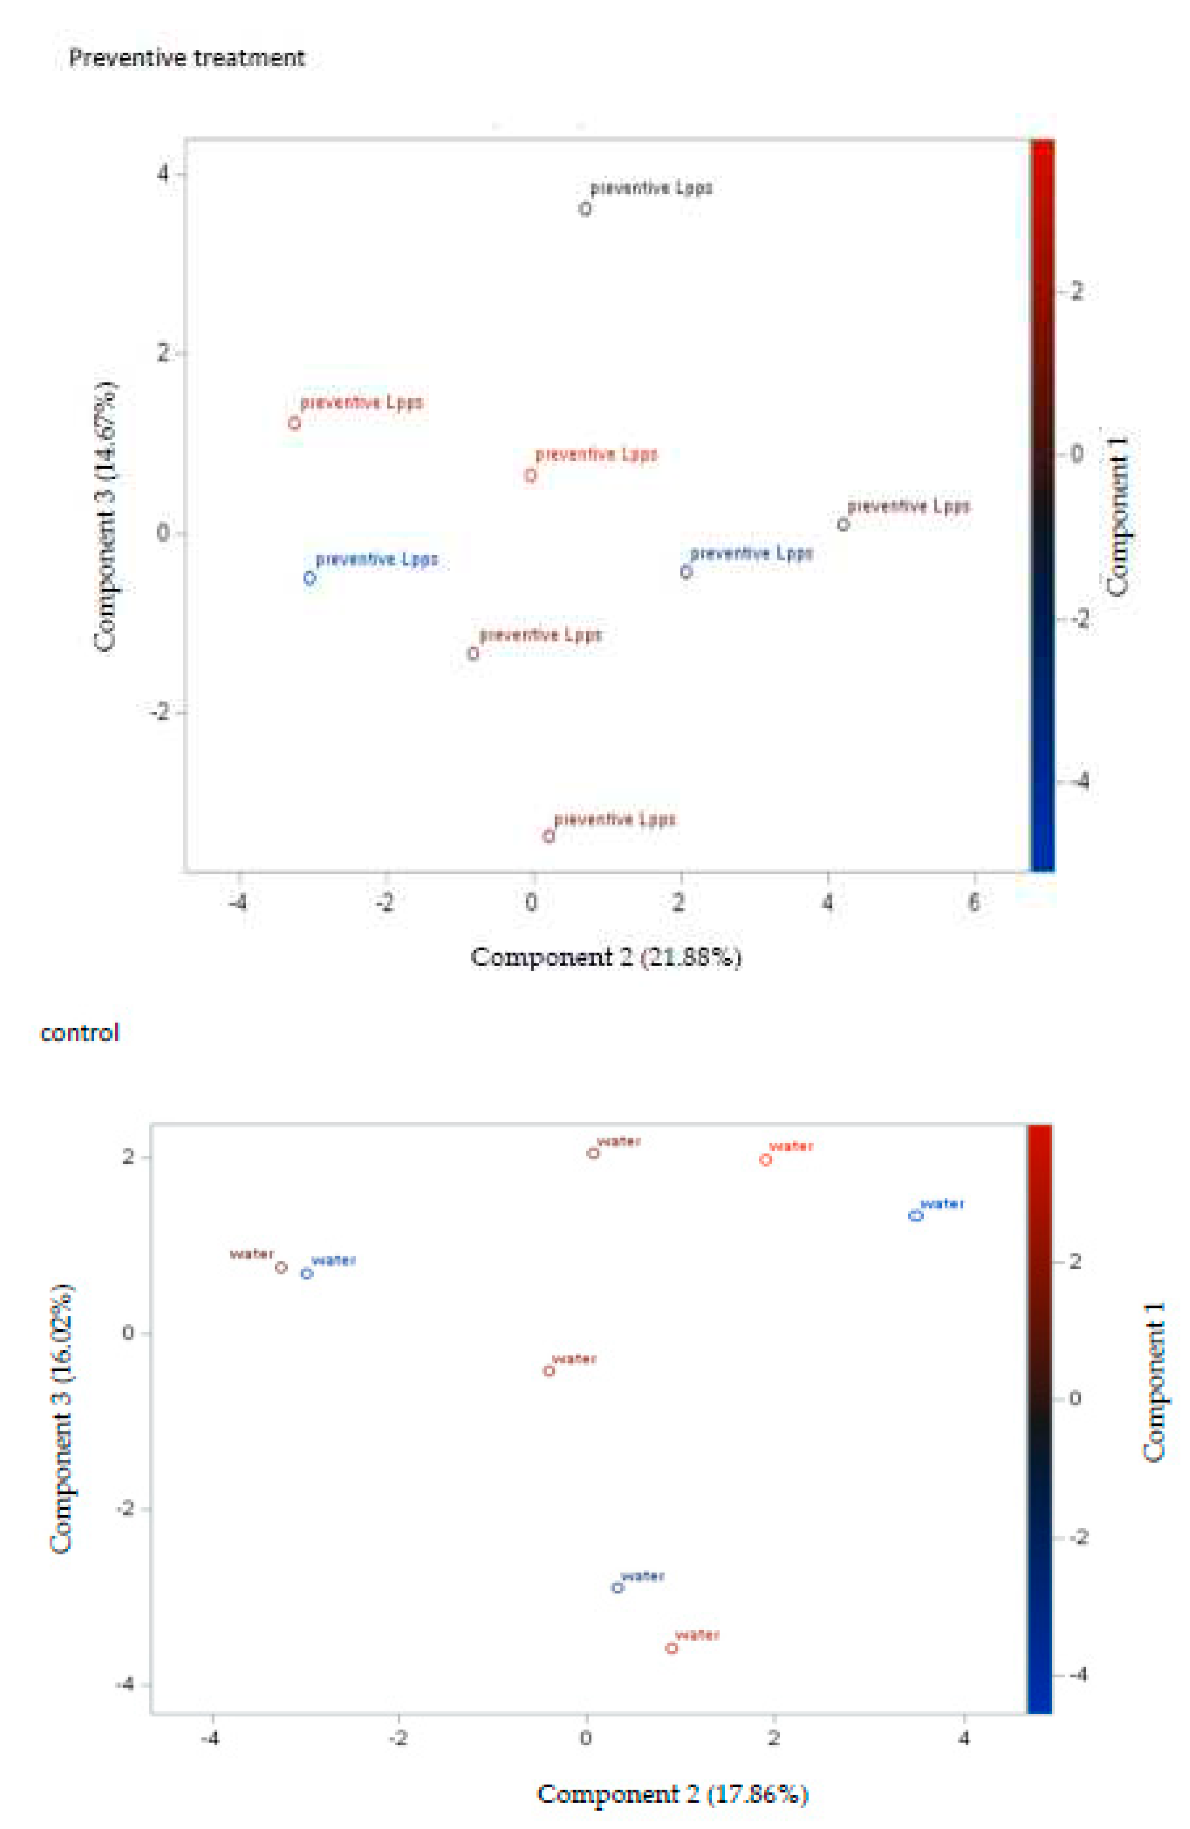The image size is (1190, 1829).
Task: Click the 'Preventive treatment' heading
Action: pos(187,58)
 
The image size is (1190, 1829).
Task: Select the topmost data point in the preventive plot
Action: pos(585,209)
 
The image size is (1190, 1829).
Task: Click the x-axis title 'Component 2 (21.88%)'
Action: pos(606,957)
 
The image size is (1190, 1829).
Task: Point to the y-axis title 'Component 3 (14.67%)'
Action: pos(106,516)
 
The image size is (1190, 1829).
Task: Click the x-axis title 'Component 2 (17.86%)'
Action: pos(672,1794)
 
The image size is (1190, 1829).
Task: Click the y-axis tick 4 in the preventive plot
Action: pos(162,174)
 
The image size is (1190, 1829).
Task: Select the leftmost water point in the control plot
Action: pos(281,1267)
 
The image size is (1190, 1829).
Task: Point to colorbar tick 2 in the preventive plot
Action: pos(1076,291)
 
